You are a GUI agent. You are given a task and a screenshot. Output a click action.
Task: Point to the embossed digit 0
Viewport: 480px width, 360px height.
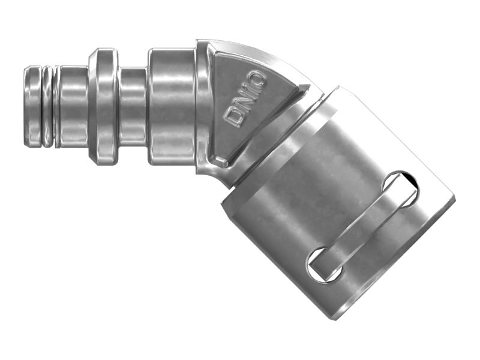[x=259, y=78]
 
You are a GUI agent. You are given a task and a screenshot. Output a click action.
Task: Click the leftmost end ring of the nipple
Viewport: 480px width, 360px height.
[x=32, y=106]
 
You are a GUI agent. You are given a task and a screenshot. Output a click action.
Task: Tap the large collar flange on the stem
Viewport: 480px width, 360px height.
[x=103, y=106]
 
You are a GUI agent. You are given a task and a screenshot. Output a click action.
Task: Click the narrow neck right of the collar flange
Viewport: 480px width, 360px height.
[x=133, y=106]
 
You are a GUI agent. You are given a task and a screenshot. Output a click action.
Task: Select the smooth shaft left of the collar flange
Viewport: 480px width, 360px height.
[x=73, y=106]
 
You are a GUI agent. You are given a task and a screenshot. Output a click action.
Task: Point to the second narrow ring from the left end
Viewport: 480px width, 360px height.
[x=47, y=106]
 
